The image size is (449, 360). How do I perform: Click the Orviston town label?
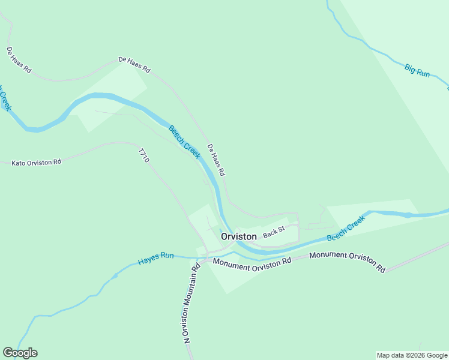click(x=239, y=236)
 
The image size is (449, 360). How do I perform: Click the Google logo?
click(x=20, y=353)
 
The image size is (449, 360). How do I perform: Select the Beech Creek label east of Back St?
click(x=346, y=229)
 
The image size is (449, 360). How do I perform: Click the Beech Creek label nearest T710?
click(x=184, y=142)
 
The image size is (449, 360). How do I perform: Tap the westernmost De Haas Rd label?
click(x=19, y=60)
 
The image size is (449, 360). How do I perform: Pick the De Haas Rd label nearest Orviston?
click(x=215, y=160)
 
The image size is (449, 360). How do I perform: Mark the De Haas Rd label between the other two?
click(x=134, y=64)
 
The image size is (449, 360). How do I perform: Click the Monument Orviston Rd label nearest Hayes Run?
click(x=252, y=262)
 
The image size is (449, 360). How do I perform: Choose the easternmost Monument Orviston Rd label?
click(x=347, y=262)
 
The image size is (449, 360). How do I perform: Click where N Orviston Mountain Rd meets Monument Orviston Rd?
click(x=205, y=260)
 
